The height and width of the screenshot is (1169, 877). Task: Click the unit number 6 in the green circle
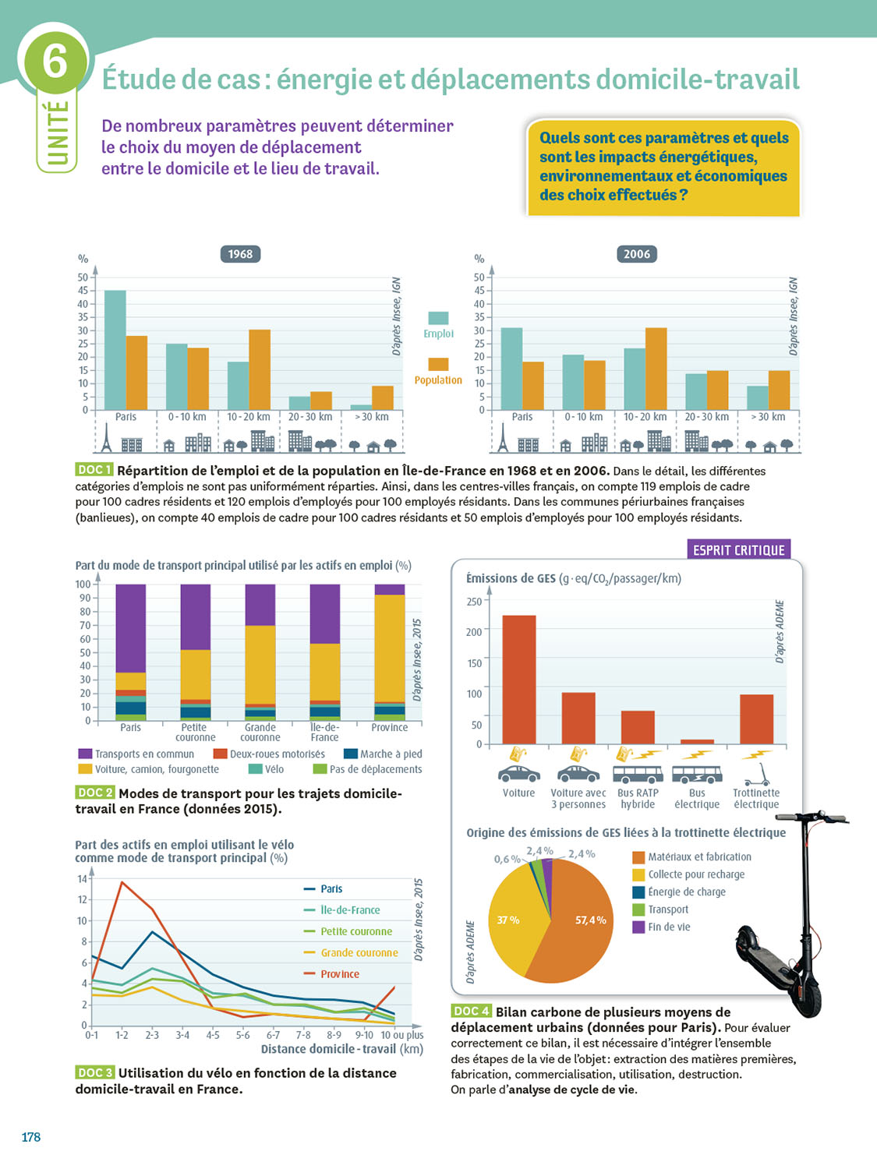(55, 59)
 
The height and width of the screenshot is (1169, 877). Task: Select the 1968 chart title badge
(240, 254)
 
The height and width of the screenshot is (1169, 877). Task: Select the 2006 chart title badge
(636, 254)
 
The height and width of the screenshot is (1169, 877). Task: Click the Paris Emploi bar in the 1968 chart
(115, 350)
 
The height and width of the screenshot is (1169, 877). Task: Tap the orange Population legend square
(438, 364)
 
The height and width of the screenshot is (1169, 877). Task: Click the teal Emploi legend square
(438, 318)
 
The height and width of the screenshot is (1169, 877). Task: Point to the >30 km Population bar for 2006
(779, 390)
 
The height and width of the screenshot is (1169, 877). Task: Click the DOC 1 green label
(94, 470)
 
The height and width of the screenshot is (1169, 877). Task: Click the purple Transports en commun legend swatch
(85, 754)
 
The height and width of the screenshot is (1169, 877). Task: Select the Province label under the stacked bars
(389, 728)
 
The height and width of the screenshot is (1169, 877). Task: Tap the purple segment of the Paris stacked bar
(131, 628)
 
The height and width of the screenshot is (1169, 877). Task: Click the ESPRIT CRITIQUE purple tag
(738, 550)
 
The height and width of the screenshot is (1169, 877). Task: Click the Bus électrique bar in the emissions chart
(697, 741)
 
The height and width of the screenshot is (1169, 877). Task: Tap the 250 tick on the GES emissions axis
(474, 602)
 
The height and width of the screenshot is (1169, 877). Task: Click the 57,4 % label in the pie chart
(590, 920)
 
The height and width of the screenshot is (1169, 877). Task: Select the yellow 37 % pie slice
(515, 927)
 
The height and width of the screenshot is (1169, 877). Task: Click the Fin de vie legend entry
(669, 927)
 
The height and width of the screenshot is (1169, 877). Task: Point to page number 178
(31, 1137)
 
